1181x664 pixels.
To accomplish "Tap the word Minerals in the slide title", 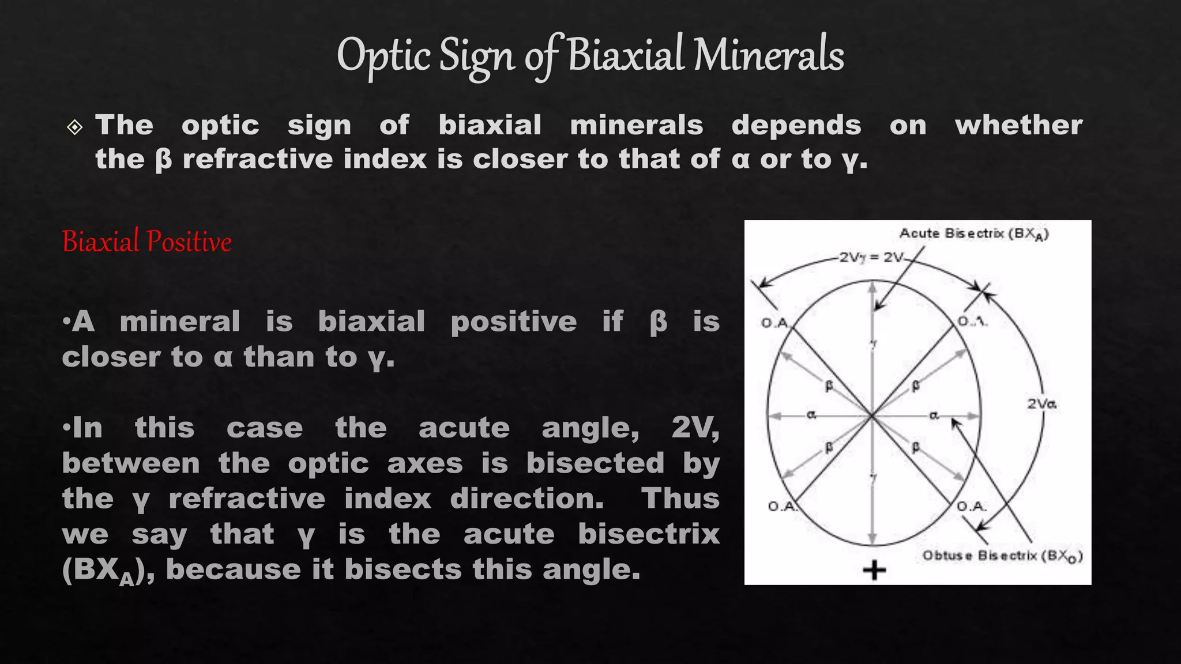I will tap(768, 55).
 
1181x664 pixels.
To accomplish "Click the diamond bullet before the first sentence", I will tap(75, 127).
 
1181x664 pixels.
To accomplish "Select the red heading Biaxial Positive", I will tap(146, 242).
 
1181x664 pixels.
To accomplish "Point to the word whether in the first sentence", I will tap(1018, 125).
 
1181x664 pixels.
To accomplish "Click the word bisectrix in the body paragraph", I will tap(649, 534).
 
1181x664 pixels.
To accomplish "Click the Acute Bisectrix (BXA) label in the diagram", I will tap(974, 233).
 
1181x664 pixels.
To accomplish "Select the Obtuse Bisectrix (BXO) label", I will tap(1002, 556).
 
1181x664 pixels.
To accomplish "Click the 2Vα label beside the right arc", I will tap(1041, 403).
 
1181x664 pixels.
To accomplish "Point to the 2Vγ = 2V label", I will tap(872, 257).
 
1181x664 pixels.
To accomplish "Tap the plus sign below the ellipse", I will tap(874, 570).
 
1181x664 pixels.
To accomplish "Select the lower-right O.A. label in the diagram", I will tap(972, 506).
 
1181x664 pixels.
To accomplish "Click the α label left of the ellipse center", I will tap(811, 414).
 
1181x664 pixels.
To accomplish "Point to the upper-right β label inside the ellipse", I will tap(915, 386).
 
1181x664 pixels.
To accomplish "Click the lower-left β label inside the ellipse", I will tap(829, 447).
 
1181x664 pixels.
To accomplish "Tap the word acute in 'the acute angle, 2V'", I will tap(464, 428).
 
